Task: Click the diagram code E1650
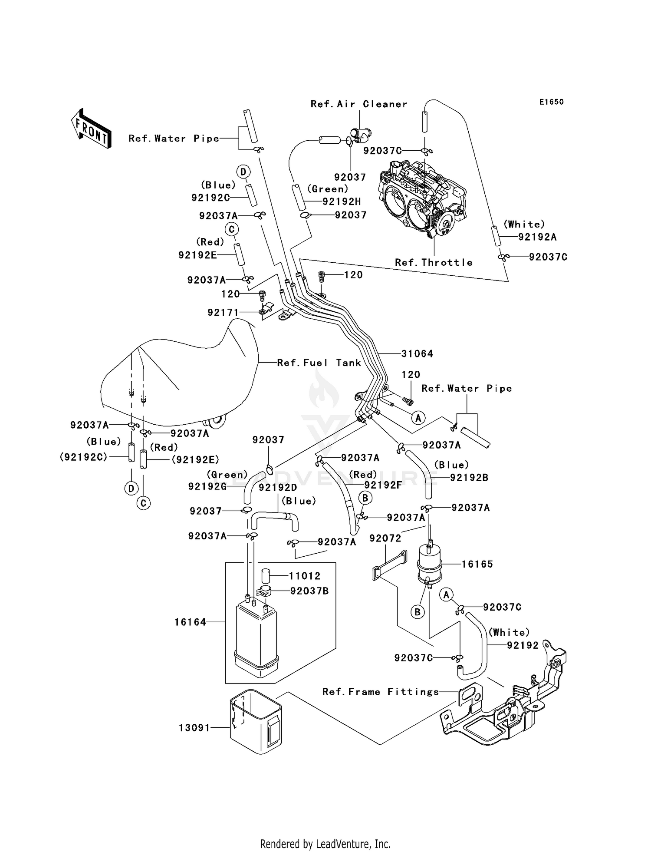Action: (x=551, y=102)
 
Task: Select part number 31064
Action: (x=417, y=354)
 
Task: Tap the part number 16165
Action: (x=477, y=564)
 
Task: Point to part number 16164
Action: (x=190, y=622)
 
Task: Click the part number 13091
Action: (x=194, y=727)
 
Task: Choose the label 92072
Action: (x=385, y=538)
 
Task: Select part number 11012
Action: (x=305, y=576)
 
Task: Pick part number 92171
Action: (x=223, y=312)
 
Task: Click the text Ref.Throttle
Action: (x=434, y=262)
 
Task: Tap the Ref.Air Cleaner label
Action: (x=359, y=104)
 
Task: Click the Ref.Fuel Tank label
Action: (x=319, y=363)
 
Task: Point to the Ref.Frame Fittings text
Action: (x=381, y=692)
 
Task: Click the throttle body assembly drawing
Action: (x=421, y=200)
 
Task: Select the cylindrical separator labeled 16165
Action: (x=429, y=565)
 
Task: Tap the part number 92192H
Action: (x=342, y=201)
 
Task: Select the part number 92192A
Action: (x=537, y=237)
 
